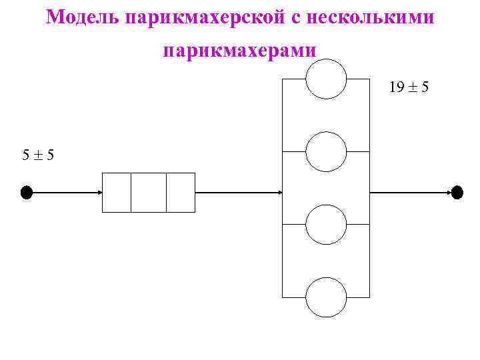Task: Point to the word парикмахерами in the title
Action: pyautogui.click(x=240, y=51)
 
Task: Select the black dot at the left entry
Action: pyautogui.click(x=27, y=193)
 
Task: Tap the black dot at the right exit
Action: pyautogui.click(x=457, y=193)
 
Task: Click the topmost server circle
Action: pyautogui.click(x=326, y=79)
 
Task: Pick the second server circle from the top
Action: pyautogui.click(x=326, y=152)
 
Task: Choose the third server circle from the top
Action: pyautogui.click(x=326, y=225)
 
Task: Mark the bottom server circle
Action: pyautogui.click(x=326, y=297)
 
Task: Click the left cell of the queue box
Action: pyautogui.click(x=117, y=193)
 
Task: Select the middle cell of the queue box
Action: pyautogui.click(x=149, y=193)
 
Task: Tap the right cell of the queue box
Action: pyautogui.click(x=180, y=193)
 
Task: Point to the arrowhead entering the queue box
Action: pyautogui.click(x=99, y=193)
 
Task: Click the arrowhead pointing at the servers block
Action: pyautogui.click(x=280, y=193)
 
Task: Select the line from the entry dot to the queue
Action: pyautogui.click(x=63, y=193)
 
